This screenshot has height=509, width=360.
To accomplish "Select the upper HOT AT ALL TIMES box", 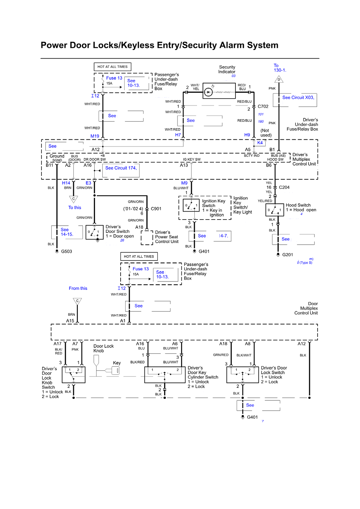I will [113, 67].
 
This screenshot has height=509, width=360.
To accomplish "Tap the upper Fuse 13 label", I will [114, 78].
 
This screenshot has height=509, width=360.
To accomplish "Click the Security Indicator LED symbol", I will [208, 92].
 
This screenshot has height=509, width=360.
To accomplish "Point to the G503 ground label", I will [67, 252].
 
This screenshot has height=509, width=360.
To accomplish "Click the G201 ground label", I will [288, 255].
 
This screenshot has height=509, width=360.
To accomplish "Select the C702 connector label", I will [263, 107].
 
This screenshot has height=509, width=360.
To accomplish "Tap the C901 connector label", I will [156, 209].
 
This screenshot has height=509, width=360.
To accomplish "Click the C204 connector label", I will [284, 188].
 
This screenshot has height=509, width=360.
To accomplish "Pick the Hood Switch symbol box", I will [274, 210].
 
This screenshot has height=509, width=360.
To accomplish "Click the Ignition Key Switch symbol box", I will [191, 206].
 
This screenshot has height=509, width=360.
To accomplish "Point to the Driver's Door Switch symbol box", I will [95, 232].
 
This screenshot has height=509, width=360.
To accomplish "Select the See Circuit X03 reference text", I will [298, 98].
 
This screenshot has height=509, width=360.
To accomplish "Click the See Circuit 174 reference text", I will [121, 168].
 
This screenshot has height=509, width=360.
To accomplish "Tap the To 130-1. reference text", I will [280, 68].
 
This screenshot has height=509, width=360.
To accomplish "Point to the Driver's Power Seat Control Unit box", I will [147, 238].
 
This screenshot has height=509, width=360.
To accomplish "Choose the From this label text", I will [78, 288].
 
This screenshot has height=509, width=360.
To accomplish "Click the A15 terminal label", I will [70, 321].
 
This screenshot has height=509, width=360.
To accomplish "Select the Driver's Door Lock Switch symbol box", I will [243, 375].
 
